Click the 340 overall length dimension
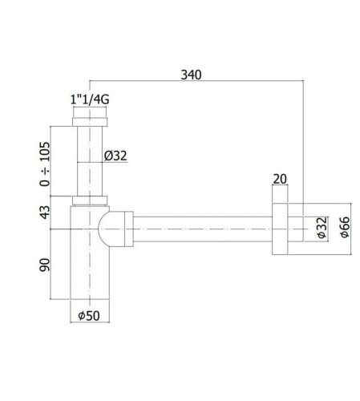point(191,75)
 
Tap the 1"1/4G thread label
point(90,99)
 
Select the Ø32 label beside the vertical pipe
point(115,156)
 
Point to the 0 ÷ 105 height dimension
point(45,164)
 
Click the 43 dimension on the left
point(45,212)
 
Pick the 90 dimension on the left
point(45,265)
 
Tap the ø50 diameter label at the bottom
point(89,315)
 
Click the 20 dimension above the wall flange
point(280,179)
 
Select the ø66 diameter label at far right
point(345,227)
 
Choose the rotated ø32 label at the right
point(322,227)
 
